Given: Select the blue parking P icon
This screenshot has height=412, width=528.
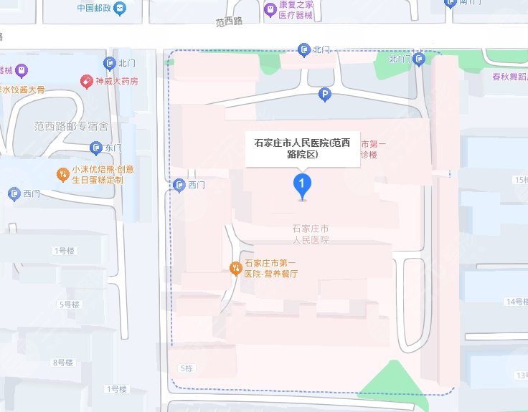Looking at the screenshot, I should point(325,94).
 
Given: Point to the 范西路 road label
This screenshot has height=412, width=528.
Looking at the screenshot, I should point(230,21).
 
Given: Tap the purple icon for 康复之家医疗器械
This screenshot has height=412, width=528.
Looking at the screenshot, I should point(270,9).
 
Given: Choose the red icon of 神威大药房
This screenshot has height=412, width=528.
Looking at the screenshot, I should point(86,81).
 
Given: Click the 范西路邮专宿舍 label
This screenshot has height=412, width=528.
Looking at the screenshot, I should point(71,126).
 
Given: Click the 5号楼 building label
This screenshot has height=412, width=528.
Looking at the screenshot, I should point(69,305).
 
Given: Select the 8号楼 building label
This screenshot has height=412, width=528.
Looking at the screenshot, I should point(63,363).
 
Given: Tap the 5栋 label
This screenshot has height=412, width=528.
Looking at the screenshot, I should point(185,368).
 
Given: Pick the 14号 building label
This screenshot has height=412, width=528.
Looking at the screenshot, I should point(516,302).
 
